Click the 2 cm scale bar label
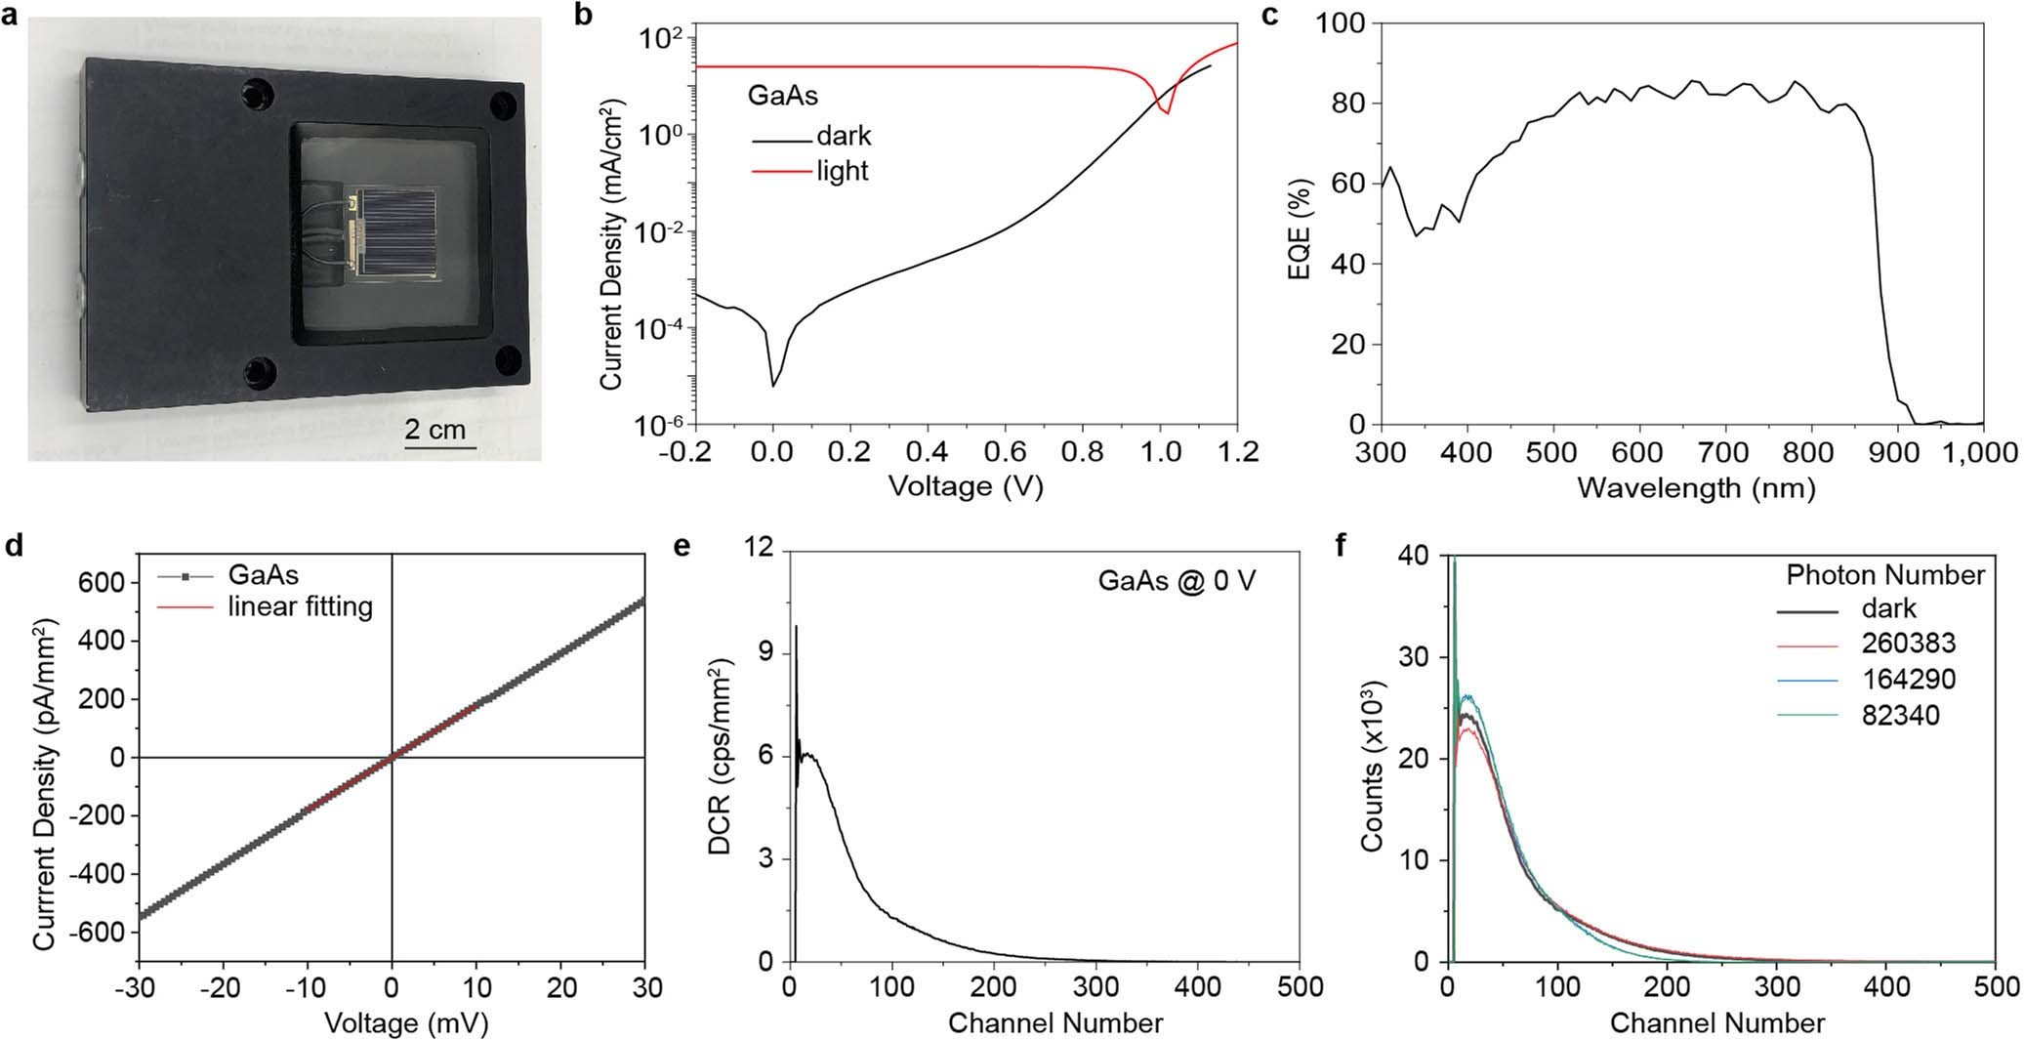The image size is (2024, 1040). click(435, 430)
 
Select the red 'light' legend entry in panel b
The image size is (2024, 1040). click(841, 171)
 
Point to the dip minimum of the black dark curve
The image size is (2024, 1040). click(773, 386)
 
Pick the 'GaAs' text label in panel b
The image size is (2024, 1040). click(782, 96)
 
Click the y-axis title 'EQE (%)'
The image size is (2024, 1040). click(1300, 229)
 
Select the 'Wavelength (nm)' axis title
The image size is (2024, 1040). click(1695, 487)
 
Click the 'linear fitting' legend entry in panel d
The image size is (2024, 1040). click(300, 606)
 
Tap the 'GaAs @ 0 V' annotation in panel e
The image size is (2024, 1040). click(1177, 581)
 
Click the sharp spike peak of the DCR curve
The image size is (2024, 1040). click(796, 627)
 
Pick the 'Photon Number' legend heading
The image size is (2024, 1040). click(1885, 575)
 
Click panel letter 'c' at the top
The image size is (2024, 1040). click(1269, 17)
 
